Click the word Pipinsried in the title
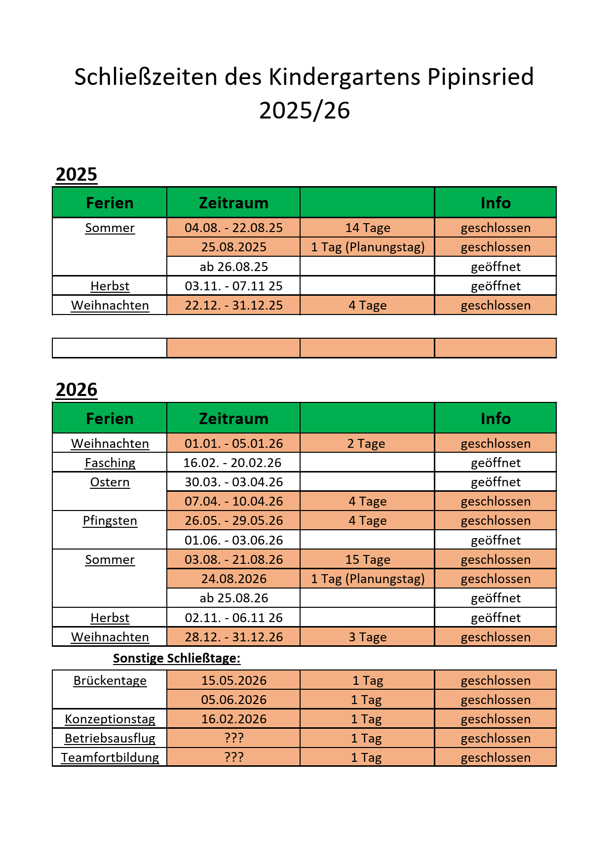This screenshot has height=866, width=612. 480,77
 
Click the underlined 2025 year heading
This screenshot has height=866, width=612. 76,175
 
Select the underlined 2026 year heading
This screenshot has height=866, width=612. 76,390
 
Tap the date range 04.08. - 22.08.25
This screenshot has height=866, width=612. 233,228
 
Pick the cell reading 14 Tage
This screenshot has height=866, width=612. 368,228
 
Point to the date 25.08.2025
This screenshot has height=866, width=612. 233,247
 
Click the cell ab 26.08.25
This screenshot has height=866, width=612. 233,267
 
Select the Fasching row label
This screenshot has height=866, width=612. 110,463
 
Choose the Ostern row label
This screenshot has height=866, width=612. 110,482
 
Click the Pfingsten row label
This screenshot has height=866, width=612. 110,521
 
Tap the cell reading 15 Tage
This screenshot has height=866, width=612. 368,560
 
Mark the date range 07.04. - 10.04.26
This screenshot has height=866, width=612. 233,502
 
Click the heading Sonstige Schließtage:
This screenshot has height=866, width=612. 177,659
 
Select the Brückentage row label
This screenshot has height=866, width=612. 110,681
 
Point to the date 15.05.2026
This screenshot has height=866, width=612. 233,681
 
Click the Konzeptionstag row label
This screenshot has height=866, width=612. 110,719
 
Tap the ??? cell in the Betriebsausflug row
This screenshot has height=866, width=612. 233,739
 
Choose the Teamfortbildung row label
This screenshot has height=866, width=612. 110,758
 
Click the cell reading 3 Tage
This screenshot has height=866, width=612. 368,637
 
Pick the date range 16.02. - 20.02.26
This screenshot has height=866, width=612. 232,463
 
